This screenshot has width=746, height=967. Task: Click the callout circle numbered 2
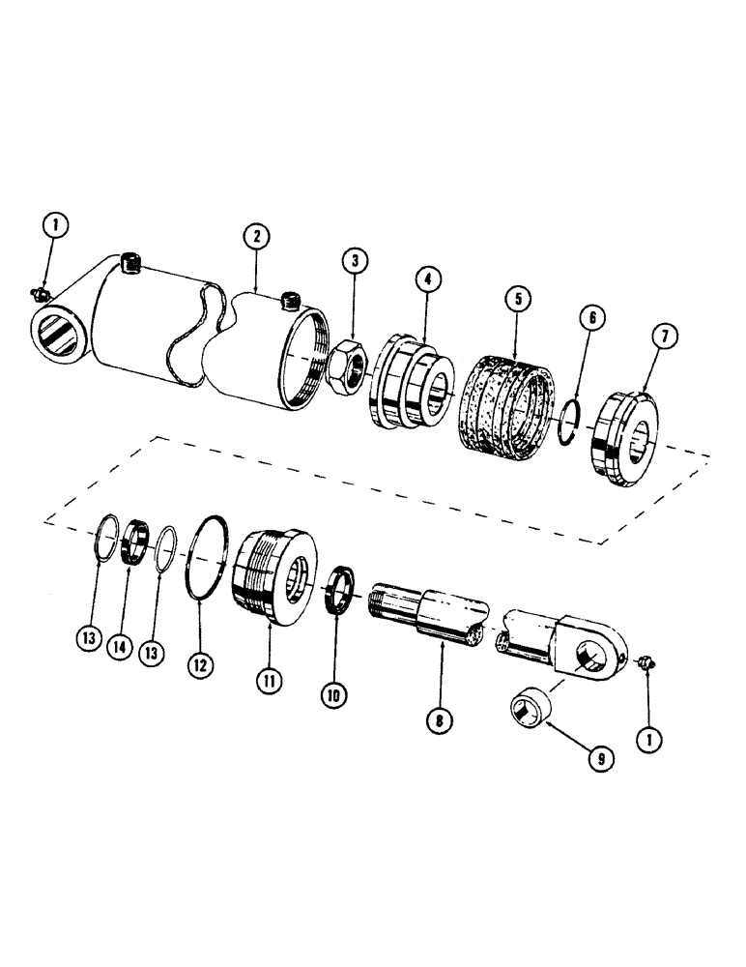[256, 236]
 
